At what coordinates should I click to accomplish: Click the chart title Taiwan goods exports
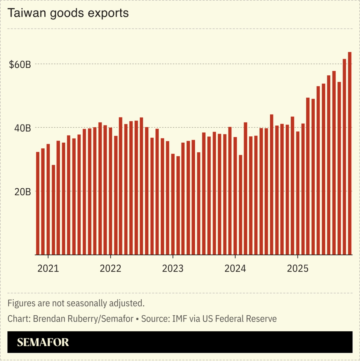click(x=68, y=13)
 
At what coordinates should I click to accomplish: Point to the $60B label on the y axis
click(x=20, y=65)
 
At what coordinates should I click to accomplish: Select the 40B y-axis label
click(x=22, y=128)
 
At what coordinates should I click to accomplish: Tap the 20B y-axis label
click(x=22, y=192)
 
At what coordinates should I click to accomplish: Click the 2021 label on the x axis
click(x=48, y=268)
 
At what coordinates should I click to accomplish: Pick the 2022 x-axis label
click(x=110, y=268)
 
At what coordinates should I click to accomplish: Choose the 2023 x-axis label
click(x=173, y=268)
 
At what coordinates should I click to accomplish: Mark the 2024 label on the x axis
click(x=235, y=268)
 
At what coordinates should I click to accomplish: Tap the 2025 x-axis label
click(x=297, y=268)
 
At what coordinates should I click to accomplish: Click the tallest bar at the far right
click(x=350, y=153)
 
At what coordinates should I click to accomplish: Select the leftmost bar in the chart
click(x=38, y=203)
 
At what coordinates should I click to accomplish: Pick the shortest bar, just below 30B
click(x=53, y=210)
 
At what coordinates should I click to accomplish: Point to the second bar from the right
click(x=344, y=156)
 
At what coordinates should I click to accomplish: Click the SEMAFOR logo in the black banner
click(x=43, y=342)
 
